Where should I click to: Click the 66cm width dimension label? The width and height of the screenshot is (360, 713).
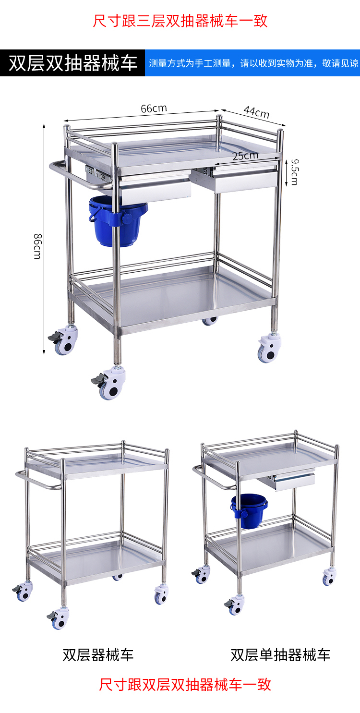pos(154,109)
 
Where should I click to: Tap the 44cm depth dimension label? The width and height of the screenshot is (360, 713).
pos(256,112)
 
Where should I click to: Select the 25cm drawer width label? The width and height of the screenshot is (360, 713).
pos(245,156)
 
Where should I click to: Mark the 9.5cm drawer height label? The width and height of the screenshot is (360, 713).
pos(294,172)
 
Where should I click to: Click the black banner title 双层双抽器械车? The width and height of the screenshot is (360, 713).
pos(73,63)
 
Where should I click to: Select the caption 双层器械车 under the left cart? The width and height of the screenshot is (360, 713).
pos(98,655)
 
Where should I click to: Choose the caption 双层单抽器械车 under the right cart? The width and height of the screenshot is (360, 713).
pos(280,655)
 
